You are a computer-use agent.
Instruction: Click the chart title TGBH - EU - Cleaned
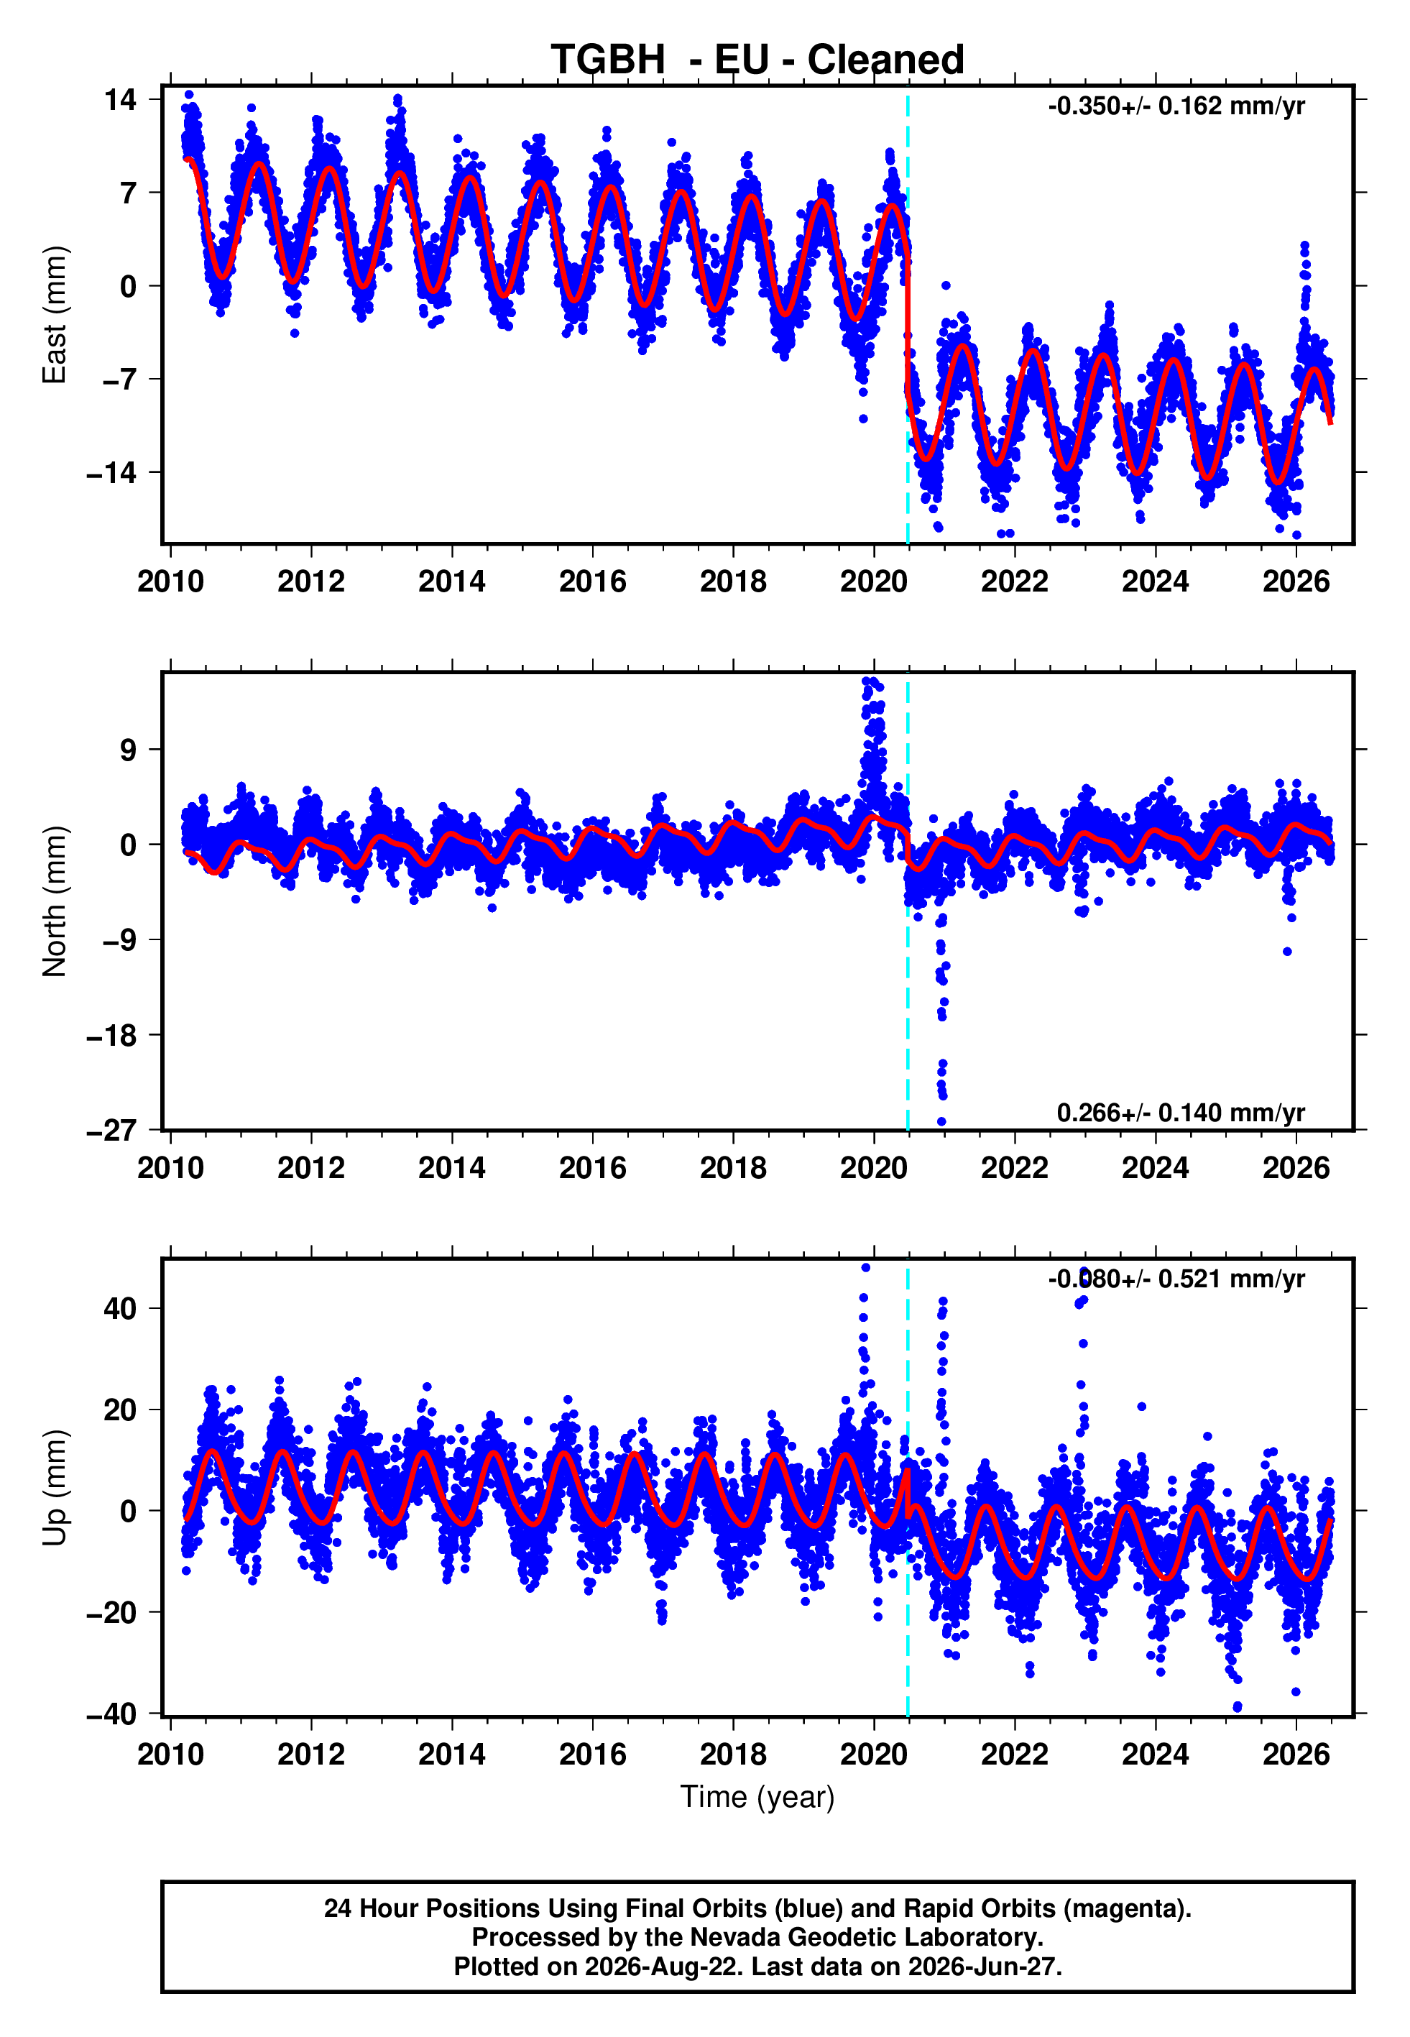point(757,60)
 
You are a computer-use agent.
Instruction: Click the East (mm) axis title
point(55,315)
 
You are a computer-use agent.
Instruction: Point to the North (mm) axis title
point(55,901)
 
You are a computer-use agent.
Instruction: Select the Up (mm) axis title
point(55,1488)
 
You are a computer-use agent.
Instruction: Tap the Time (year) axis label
point(757,1797)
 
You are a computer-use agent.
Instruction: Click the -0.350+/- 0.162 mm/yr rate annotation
point(1176,106)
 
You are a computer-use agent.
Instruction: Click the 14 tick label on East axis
point(120,99)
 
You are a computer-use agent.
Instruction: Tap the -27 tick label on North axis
point(111,1130)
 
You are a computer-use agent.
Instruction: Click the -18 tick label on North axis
point(111,1035)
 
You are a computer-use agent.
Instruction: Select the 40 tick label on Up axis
point(120,1308)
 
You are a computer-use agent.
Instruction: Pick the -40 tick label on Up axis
point(111,1714)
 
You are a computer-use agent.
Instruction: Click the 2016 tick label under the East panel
point(593,581)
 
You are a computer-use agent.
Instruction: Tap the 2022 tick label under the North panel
point(1014,1168)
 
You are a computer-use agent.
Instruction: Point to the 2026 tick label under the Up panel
point(1296,1755)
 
